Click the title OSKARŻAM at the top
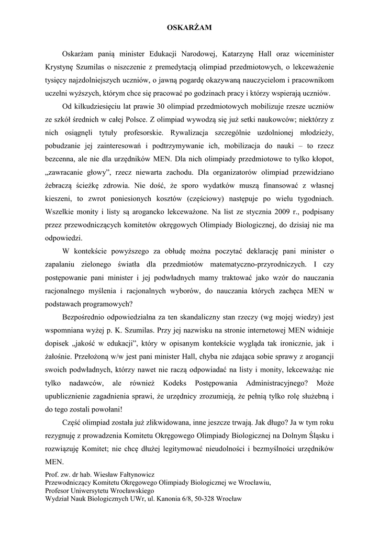click(x=189, y=28)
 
